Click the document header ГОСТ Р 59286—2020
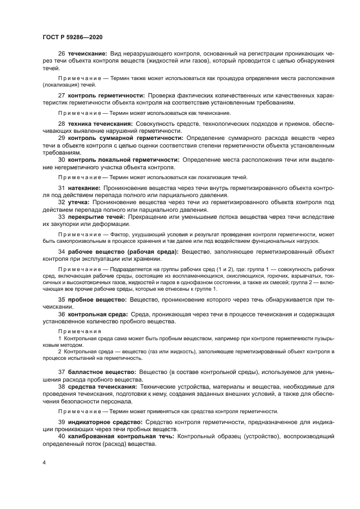coord(72,37)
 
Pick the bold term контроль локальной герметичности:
coord(123,160)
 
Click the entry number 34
coord(62,252)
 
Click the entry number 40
coord(62,436)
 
